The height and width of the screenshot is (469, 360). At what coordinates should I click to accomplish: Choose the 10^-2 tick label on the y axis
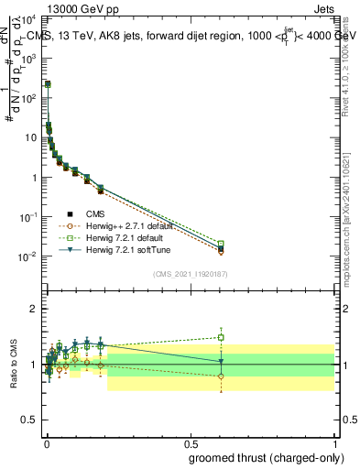pos(28,256)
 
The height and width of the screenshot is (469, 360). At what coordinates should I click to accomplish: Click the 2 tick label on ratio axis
pos(33,309)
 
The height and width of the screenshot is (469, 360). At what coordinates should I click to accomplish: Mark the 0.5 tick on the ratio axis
pos(30,420)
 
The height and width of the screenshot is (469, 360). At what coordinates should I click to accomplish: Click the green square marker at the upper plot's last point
pos(221,244)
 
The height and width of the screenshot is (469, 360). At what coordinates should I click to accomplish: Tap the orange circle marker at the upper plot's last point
pos(221,252)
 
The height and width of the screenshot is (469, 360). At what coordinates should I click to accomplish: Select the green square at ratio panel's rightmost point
pos(221,337)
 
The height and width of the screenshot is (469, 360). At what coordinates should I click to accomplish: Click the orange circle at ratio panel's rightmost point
pos(221,376)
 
